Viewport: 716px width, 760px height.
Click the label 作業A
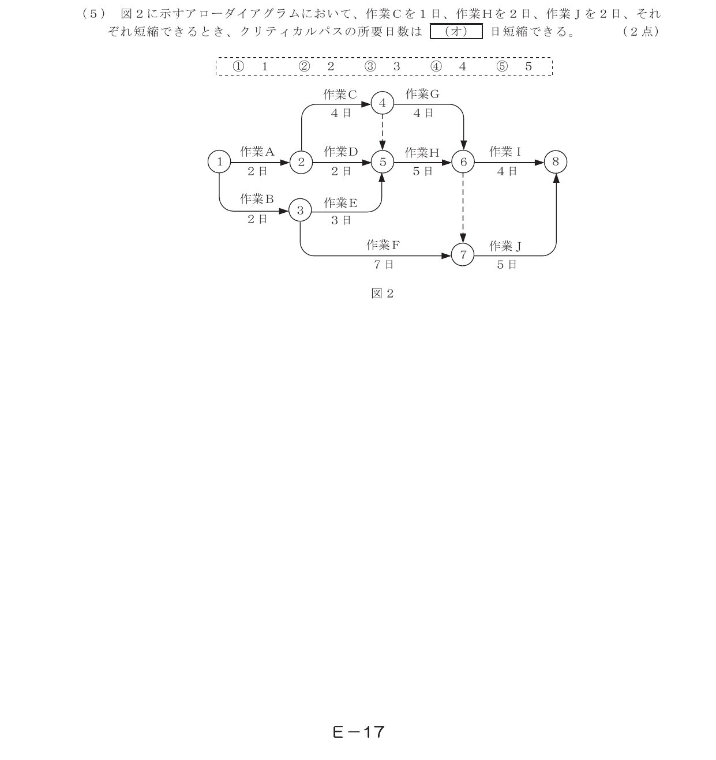click(257, 152)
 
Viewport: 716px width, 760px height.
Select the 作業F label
click(383, 245)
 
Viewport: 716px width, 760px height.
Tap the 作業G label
click(422, 94)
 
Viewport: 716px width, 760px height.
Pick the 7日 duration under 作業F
click(383, 265)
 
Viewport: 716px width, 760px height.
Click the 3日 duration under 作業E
click(341, 220)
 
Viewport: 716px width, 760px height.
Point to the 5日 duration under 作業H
click(422, 171)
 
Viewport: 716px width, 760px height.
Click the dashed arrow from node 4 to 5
click(382, 133)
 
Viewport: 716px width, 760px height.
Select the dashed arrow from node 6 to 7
click(463, 208)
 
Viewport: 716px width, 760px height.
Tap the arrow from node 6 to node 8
click(509, 162)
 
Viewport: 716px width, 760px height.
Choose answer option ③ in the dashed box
click(382, 66)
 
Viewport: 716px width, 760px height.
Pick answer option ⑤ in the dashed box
click(514, 66)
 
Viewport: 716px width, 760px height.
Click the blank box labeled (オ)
click(456, 31)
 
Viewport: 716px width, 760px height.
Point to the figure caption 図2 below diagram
click(382, 294)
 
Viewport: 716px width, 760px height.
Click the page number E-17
click(358, 732)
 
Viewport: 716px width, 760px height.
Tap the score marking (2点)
click(642, 31)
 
